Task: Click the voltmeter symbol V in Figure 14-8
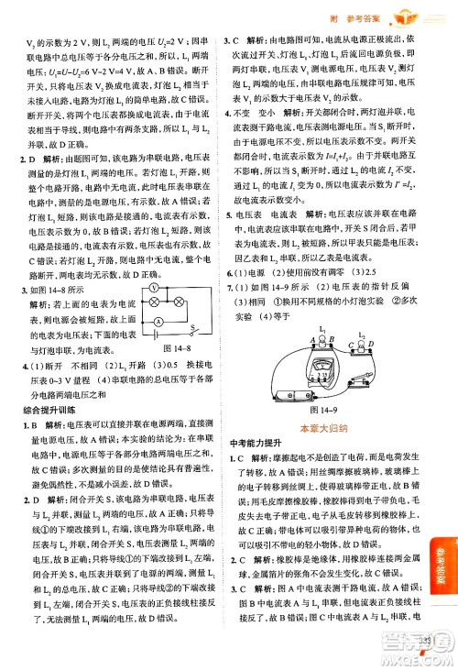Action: point(155,313)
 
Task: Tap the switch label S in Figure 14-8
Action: point(189,353)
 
